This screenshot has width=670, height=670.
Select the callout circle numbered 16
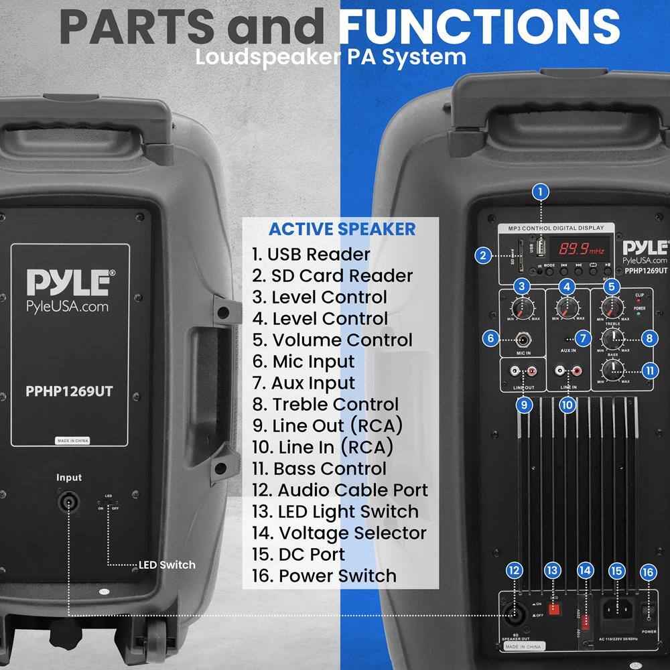pos(647,572)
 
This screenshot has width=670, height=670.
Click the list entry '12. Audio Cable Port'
pos(340,490)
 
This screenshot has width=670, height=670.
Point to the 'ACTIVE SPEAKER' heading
pos(342,228)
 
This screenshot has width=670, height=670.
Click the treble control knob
pos(611,338)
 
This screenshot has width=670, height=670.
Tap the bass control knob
pos(611,369)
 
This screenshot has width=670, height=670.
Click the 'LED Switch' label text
pos(167,565)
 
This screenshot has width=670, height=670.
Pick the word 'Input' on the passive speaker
pos(69,478)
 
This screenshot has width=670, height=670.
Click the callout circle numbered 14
pos(585,571)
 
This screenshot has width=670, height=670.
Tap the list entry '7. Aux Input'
pos(304,383)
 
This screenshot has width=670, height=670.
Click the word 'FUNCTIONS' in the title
pos(480,27)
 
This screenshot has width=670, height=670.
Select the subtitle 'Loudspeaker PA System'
pos(331,56)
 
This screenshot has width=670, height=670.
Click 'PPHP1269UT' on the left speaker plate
pos(70,391)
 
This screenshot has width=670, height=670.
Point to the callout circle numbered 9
pos(525,404)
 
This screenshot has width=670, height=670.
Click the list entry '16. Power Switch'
pos(324,576)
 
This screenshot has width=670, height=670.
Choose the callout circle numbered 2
pos(481,255)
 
